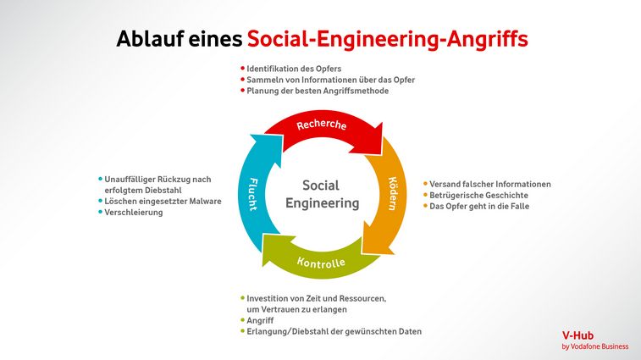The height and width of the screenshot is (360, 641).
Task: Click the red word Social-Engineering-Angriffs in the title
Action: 388,40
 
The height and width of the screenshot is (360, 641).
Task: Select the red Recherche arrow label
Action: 322,125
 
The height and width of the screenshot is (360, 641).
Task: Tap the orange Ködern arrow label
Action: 392,193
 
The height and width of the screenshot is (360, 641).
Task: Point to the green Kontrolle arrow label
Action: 321,263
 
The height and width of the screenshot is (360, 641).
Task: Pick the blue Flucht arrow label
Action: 253,194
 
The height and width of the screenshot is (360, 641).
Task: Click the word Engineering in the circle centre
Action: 322,203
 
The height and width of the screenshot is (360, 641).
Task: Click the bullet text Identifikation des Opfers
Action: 294,69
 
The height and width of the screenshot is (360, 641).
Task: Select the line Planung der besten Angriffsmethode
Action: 318,91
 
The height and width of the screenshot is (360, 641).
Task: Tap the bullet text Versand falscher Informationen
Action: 489,184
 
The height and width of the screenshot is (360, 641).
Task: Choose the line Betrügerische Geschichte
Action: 478,195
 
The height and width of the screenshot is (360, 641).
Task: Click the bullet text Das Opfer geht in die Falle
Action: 479,206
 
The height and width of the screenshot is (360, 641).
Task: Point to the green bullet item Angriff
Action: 260,320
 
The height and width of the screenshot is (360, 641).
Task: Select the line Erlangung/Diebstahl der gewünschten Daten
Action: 334,331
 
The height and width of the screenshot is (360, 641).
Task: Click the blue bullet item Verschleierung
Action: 133,213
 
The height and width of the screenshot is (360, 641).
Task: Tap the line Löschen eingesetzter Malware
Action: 163,202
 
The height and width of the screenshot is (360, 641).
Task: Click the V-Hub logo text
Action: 577,335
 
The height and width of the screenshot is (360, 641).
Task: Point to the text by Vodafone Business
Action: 594,346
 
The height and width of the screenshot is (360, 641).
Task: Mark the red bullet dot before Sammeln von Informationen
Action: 242,80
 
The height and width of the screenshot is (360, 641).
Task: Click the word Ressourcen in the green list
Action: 362,299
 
